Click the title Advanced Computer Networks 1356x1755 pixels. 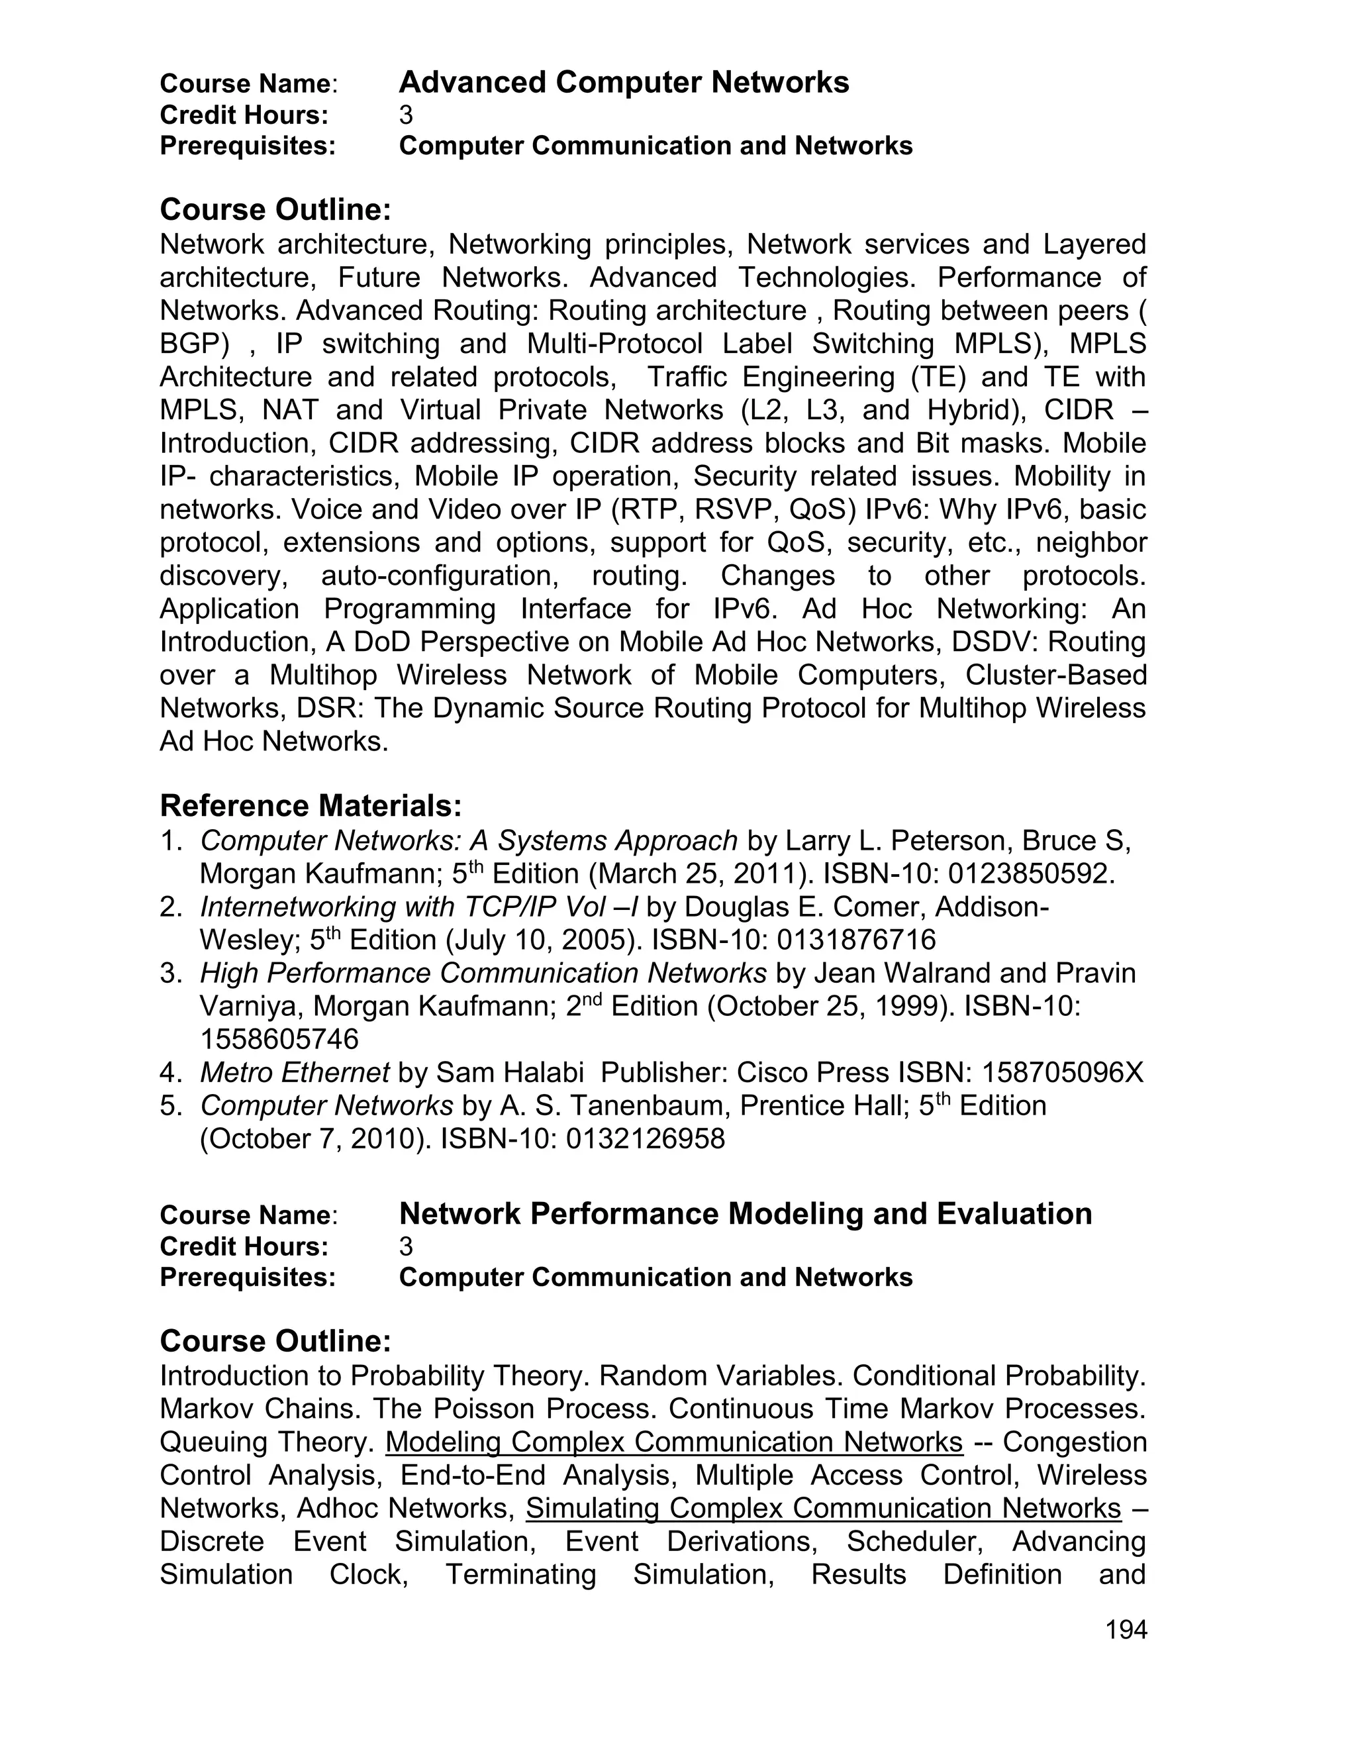(x=623, y=83)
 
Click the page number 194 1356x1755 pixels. (x=1126, y=1630)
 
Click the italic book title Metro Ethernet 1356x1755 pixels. (x=294, y=1072)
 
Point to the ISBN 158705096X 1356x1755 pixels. (x=1062, y=1072)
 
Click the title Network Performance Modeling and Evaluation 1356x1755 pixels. (x=745, y=1213)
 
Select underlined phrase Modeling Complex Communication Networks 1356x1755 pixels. (x=674, y=1442)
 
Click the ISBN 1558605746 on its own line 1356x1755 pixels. (x=279, y=1039)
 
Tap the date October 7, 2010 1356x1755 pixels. (x=314, y=1138)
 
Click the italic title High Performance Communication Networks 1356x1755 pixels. (x=483, y=973)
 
